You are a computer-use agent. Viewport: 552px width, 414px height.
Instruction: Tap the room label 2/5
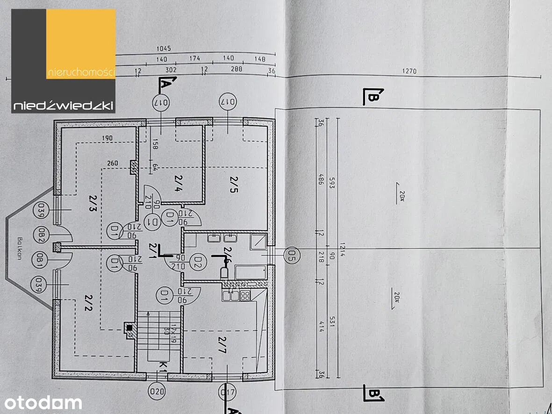coord(232,184)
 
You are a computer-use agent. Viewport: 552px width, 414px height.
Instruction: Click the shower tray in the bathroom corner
coord(258,242)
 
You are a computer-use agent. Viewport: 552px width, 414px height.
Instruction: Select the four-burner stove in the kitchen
coord(245,295)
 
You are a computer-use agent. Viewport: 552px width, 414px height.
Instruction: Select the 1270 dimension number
coord(409,72)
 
